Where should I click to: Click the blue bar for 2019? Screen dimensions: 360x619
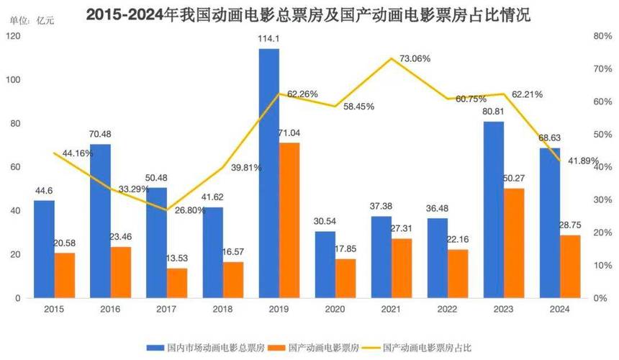[268, 173]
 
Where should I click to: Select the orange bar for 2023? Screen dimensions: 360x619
[514, 243]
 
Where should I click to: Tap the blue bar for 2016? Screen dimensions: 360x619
[100, 220]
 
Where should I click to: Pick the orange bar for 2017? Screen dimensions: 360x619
[177, 283]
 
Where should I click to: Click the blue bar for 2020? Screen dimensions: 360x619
[325, 264]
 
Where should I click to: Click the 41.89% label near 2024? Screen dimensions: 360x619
[582, 161]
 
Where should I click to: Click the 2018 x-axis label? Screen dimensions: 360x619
[212, 309]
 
